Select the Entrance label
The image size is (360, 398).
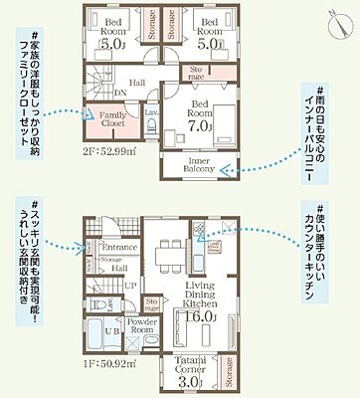pyautogui.click(x=119, y=246)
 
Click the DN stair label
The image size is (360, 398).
pyautogui.click(x=120, y=95)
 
